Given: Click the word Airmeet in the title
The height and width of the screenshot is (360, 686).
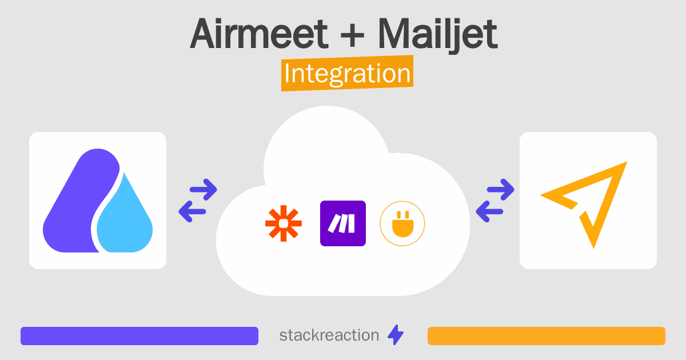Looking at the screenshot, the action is [259, 33].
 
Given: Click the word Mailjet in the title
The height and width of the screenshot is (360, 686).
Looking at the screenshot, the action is [438, 36].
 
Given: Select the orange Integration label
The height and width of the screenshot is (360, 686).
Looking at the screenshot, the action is [348, 73].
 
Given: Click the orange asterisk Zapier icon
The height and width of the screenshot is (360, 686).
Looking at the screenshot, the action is [284, 223].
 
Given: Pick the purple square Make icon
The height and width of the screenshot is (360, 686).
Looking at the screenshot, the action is [343, 223].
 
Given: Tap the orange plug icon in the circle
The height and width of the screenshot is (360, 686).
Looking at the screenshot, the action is [402, 224].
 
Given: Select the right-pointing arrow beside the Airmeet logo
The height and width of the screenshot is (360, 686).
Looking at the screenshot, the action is [204, 190].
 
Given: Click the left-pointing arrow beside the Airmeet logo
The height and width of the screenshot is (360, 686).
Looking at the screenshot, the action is [192, 211].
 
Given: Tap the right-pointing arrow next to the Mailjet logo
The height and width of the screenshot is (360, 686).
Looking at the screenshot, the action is [500, 190].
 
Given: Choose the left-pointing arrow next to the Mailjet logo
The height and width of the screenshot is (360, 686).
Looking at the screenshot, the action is [489, 211].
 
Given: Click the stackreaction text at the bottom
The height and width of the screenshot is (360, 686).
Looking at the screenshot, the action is [329, 335].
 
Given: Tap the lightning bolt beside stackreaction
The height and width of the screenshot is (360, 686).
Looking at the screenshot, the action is [396, 335].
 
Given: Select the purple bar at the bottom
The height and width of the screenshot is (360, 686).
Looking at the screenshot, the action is [139, 336].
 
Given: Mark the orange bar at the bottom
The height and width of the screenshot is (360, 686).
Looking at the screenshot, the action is [547, 336].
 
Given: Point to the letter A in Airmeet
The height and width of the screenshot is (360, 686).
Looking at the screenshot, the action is [205, 33].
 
